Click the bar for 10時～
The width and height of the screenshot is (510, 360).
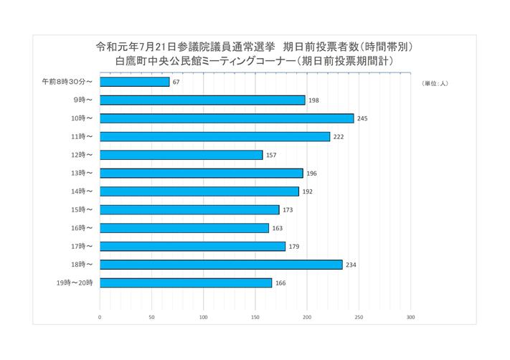(x=227, y=118)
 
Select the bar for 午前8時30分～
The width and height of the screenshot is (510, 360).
(x=135, y=82)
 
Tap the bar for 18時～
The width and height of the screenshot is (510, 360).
(x=221, y=265)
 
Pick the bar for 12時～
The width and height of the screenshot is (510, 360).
(x=181, y=155)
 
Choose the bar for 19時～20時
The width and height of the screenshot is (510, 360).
(x=186, y=283)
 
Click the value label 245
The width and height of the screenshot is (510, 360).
(x=362, y=118)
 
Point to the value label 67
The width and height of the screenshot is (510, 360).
(x=176, y=82)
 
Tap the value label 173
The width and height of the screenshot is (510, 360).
(x=288, y=210)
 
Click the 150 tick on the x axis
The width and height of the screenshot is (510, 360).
(x=255, y=316)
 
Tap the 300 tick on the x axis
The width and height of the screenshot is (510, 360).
(x=410, y=316)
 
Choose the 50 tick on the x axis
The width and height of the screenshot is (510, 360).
(x=151, y=316)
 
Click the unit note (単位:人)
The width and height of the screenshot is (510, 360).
(x=435, y=83)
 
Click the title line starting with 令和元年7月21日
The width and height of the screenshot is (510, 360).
(x=255, y=47)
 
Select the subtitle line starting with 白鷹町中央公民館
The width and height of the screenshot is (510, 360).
(x=255, y=62)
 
